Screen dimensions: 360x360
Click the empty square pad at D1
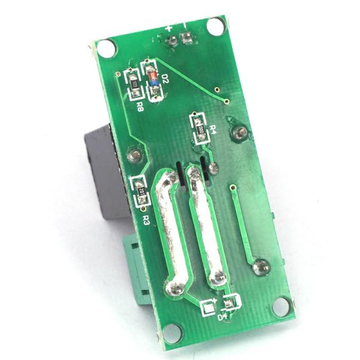[208, 308]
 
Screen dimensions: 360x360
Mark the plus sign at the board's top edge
[169, 28]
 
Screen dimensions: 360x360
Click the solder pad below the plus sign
[173, 41]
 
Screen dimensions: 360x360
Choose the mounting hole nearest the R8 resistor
[106, 49]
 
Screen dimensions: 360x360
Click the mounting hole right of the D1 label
[281, 306]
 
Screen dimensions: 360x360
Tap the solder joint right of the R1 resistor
[241, 133]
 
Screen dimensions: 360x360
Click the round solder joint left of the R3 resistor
[134, 156]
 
